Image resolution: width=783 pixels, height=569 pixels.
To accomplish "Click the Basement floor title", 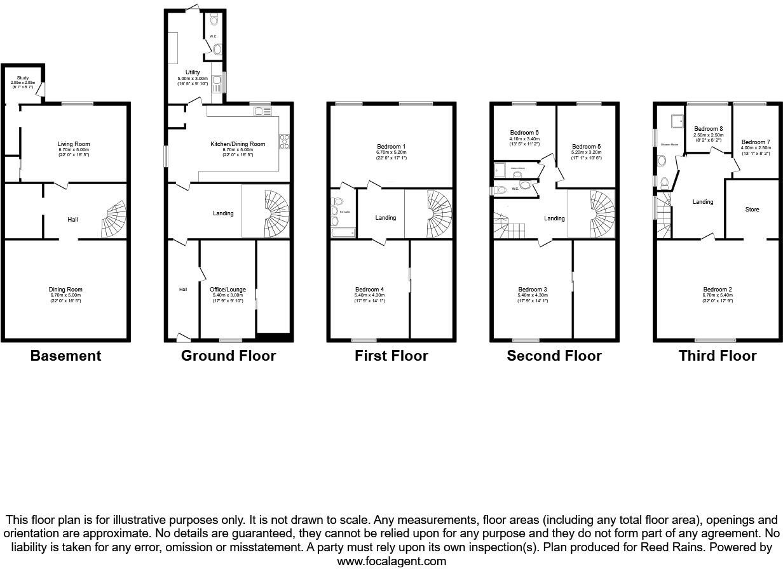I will [x=66, y=356].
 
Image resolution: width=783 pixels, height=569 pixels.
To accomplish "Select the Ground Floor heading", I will [x=228, y=356].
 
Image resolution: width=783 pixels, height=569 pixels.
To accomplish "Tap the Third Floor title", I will [x=718, y=356].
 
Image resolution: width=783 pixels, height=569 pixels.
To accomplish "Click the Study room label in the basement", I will [x=23, y=78].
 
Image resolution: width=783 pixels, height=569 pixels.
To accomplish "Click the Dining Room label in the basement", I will [x=66, y=290].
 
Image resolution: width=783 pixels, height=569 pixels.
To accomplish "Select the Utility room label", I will [x=193, y=73].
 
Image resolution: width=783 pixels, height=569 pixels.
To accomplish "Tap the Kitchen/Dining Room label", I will [x=238, y=144].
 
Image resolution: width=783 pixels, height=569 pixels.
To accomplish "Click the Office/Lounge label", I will [x=228, y=290].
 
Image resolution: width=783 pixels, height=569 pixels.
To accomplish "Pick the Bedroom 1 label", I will [x=391, y=147].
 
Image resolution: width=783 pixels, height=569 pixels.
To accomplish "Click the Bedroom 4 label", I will [x=369, y=290].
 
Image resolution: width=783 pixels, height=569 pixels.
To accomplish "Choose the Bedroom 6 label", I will [x=524, y=132].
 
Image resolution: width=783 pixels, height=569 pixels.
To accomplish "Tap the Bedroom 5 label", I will [x=586, y=146].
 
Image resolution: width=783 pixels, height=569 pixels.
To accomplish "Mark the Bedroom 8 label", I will [x=709, y=129].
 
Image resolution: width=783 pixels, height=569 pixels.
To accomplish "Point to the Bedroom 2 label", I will [x=718, y=290].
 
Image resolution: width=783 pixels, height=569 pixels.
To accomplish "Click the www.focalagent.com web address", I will [x=391, y=561].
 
